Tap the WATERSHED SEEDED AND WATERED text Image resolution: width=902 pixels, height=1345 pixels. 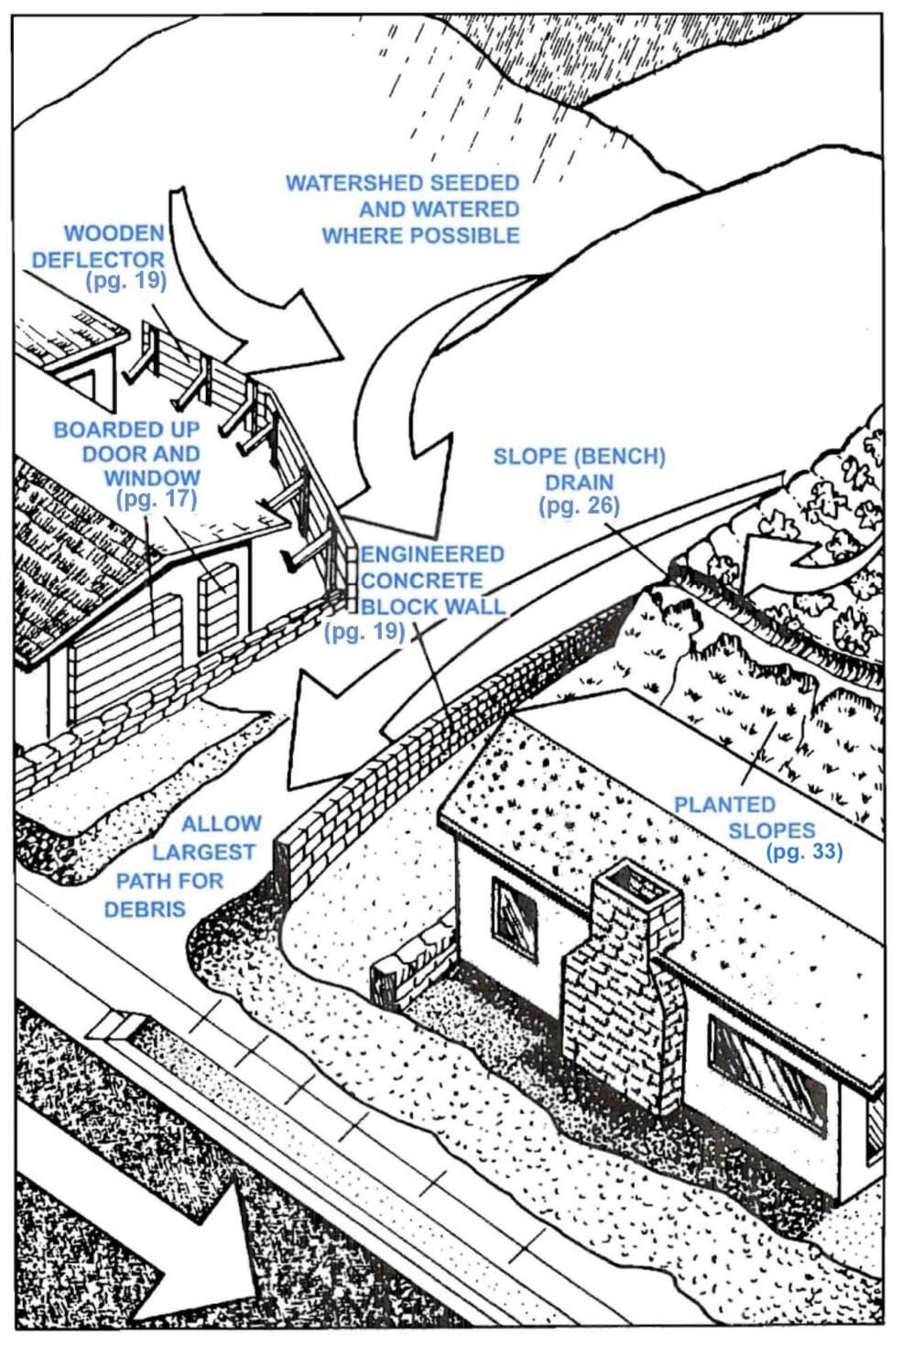coord(403,209)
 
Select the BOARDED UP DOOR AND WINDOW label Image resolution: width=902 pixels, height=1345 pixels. coord(128,453)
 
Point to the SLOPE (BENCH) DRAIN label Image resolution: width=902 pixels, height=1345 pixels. coord(579,469)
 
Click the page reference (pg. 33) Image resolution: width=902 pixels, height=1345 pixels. coord(803,852)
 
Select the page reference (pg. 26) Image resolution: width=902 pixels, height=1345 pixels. coord(579,505)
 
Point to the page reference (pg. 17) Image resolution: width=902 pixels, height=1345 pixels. coord(157,499)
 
